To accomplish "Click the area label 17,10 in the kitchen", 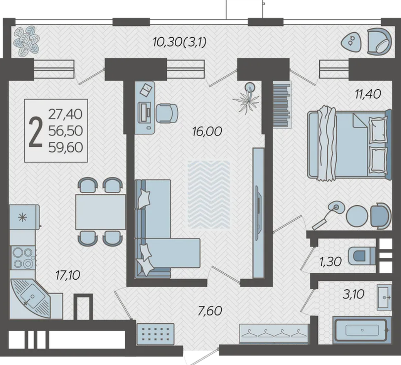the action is (x=68, y=275).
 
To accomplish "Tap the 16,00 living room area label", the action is (x=207, y=131).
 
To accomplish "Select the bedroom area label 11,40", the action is (x=368, y=94).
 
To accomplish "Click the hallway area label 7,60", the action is (x=210, y=311).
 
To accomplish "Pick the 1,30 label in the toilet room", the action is (x=331, y=262).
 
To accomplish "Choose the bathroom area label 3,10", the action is (x=353, y=294).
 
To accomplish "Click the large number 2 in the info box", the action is (x=35, y=132).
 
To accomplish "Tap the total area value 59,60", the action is (x=66, y=147).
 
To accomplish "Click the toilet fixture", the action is (x=361, y=255).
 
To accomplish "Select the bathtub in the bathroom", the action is (x=362, y=330).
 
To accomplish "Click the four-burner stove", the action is (x=22, y=258).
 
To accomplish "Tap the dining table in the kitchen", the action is (x=100, y=212).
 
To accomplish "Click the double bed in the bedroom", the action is (x=350, y=144).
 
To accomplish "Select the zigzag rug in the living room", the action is (x=209, y=194).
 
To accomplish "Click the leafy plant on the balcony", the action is (x=26, y=41).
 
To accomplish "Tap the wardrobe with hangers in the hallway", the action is (x=274, y=334).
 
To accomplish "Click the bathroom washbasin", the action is (x=384, y=297).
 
